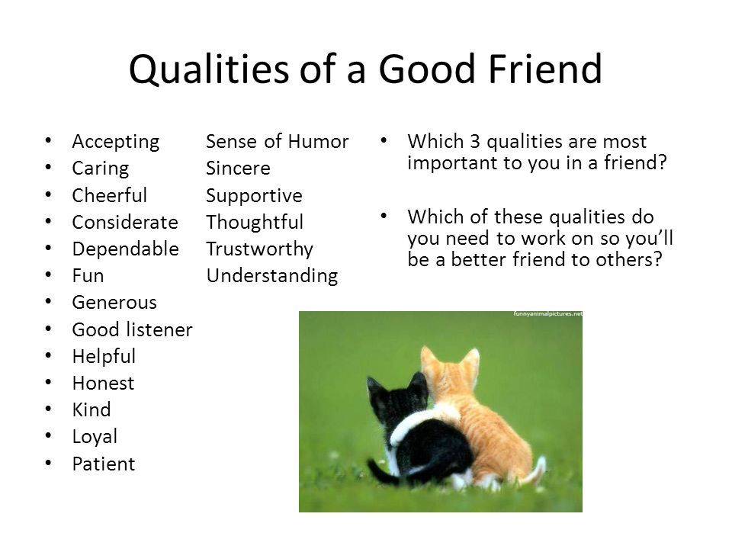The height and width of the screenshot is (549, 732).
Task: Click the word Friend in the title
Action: tap(545, 69)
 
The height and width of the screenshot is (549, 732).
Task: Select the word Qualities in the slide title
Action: tap(209, 70)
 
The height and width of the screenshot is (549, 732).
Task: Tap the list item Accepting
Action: tap(116, 142)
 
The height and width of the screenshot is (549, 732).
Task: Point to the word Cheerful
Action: tap(110, 195)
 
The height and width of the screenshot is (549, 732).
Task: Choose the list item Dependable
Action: tap(126, 249)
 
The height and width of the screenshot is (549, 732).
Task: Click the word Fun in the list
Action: tap(88, 275)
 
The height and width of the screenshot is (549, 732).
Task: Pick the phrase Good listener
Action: tap(133, 329)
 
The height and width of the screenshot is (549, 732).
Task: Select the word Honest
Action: tap(104, 384)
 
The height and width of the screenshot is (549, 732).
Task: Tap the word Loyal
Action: tap(95, 437)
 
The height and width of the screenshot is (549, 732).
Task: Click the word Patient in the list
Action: tap(104, 464)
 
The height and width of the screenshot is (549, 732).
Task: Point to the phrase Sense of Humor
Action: tap(278, 142)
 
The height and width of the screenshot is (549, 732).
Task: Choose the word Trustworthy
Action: tap(259, 249)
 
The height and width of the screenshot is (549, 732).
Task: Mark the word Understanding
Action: tap(272, 276)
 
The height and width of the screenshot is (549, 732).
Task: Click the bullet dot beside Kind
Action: tap(49, 409)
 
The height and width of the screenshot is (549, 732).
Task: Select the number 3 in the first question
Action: tap(475, 142)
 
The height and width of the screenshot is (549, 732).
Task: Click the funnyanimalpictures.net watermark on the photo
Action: tap(547, 313)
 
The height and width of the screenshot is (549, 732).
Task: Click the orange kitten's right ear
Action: tap(470, 361)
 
